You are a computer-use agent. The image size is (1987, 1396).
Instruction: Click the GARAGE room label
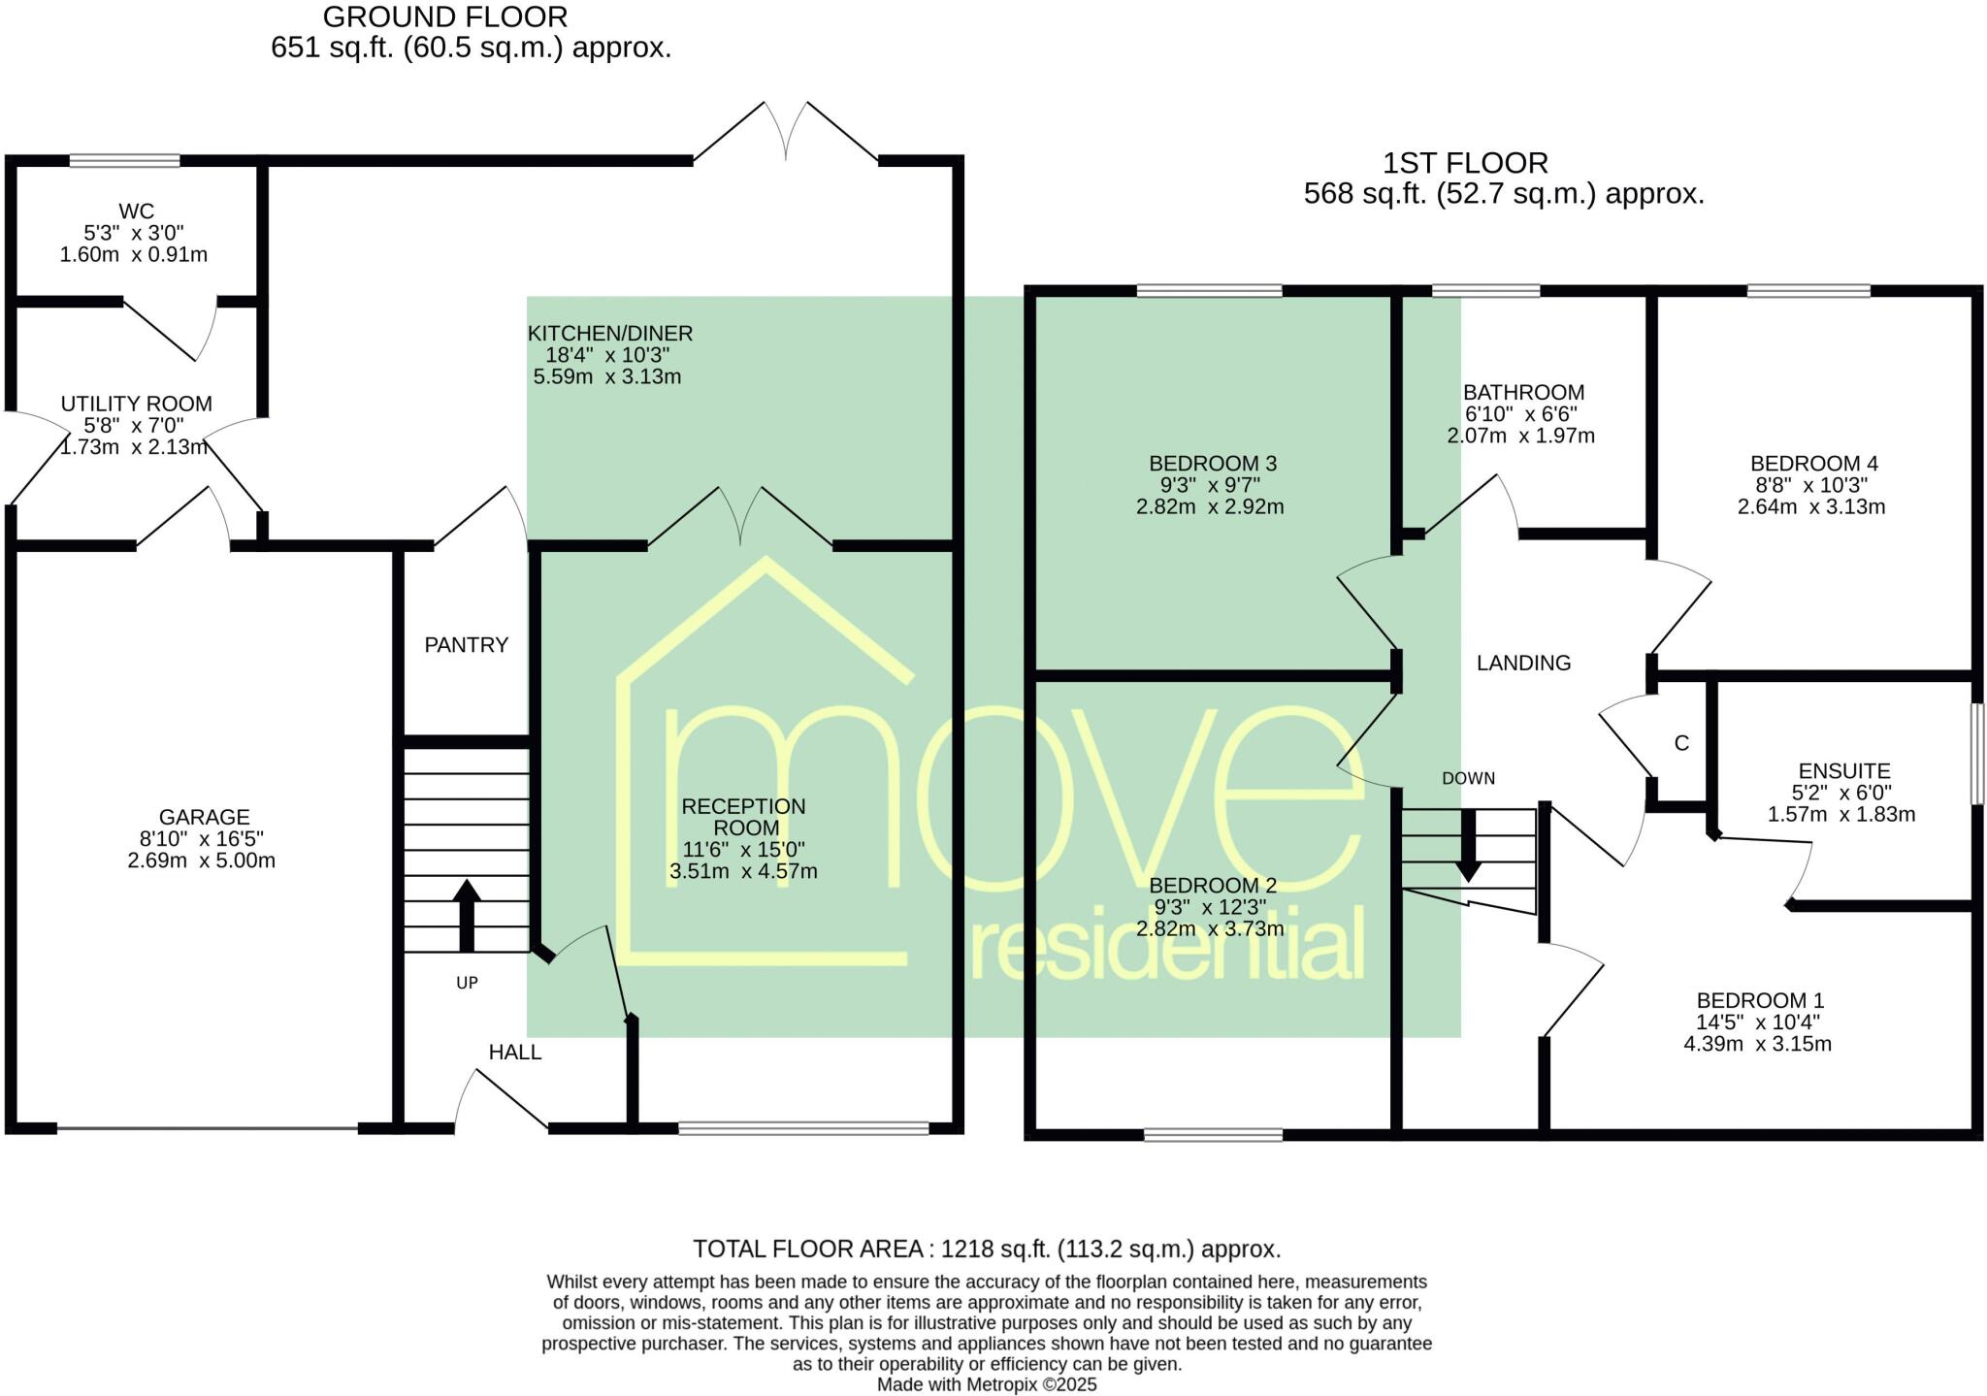[x=205, y=818]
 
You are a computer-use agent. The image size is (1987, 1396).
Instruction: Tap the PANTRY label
[x=466, y=645]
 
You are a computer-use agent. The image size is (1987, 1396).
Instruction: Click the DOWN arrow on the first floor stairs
[x=1468, y=844]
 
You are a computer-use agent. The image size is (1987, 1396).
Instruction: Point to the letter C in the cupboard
[x=1681, y=743]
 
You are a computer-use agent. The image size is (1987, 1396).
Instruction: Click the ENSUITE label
[x=1843, y=771]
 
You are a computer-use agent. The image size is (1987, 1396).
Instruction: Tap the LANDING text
[x=1523, y=663]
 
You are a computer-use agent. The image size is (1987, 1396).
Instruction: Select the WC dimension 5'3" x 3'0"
[x=134, y=233]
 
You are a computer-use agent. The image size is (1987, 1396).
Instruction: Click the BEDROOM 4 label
[x=1807, y=464]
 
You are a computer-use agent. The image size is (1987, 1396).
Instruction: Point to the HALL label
[x=514, y=1053]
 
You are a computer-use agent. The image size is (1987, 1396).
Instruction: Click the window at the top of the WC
[x=124, y=161]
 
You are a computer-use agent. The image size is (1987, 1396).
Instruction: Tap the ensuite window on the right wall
[x=1976, y=754]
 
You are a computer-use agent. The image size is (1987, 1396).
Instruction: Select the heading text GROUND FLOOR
[x=445, y=16]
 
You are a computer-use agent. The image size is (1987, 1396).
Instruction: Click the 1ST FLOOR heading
[x=1464, y=163]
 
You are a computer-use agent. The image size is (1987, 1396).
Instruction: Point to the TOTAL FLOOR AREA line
[x=986, y=1249]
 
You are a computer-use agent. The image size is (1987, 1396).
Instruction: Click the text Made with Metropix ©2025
[x=987, y=1384]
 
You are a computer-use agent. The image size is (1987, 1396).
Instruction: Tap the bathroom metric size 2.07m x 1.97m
[x=1520, y=436]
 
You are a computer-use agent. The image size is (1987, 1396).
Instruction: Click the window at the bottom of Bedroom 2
[x=1213, y=1134]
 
